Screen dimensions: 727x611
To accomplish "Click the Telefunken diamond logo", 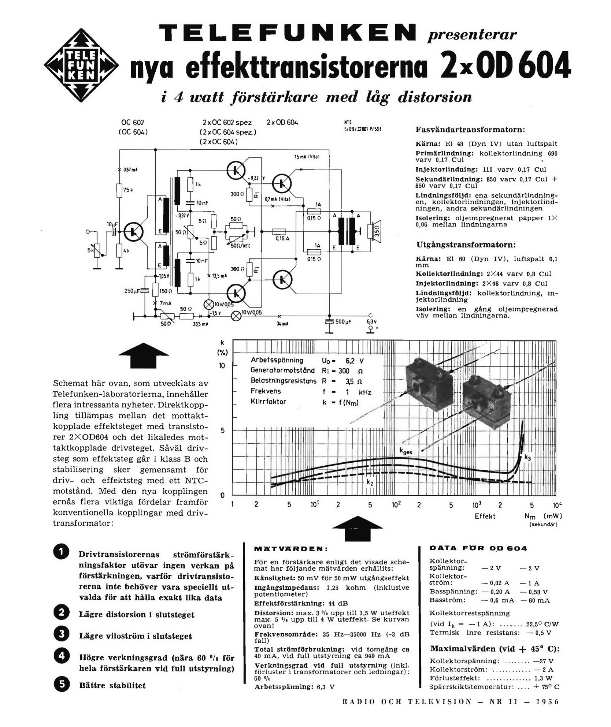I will [81, 65].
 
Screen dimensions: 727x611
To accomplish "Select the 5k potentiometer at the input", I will [97, 250].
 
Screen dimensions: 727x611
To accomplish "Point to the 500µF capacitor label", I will [343, 321].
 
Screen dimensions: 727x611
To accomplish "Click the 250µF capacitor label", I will [132, 291].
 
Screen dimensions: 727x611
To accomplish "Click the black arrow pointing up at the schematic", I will [144, 355].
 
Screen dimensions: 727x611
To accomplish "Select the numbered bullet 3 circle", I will [61, 634].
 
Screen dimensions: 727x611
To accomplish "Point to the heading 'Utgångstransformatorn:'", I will [466, 245].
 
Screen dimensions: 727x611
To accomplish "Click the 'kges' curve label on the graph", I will [406, 452].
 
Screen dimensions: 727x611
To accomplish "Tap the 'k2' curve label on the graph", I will [370, 482].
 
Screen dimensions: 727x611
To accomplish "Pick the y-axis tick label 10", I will [222, 366].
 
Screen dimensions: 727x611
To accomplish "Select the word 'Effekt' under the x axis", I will [485, 516].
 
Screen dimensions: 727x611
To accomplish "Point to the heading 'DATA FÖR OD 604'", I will [478, 548].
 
